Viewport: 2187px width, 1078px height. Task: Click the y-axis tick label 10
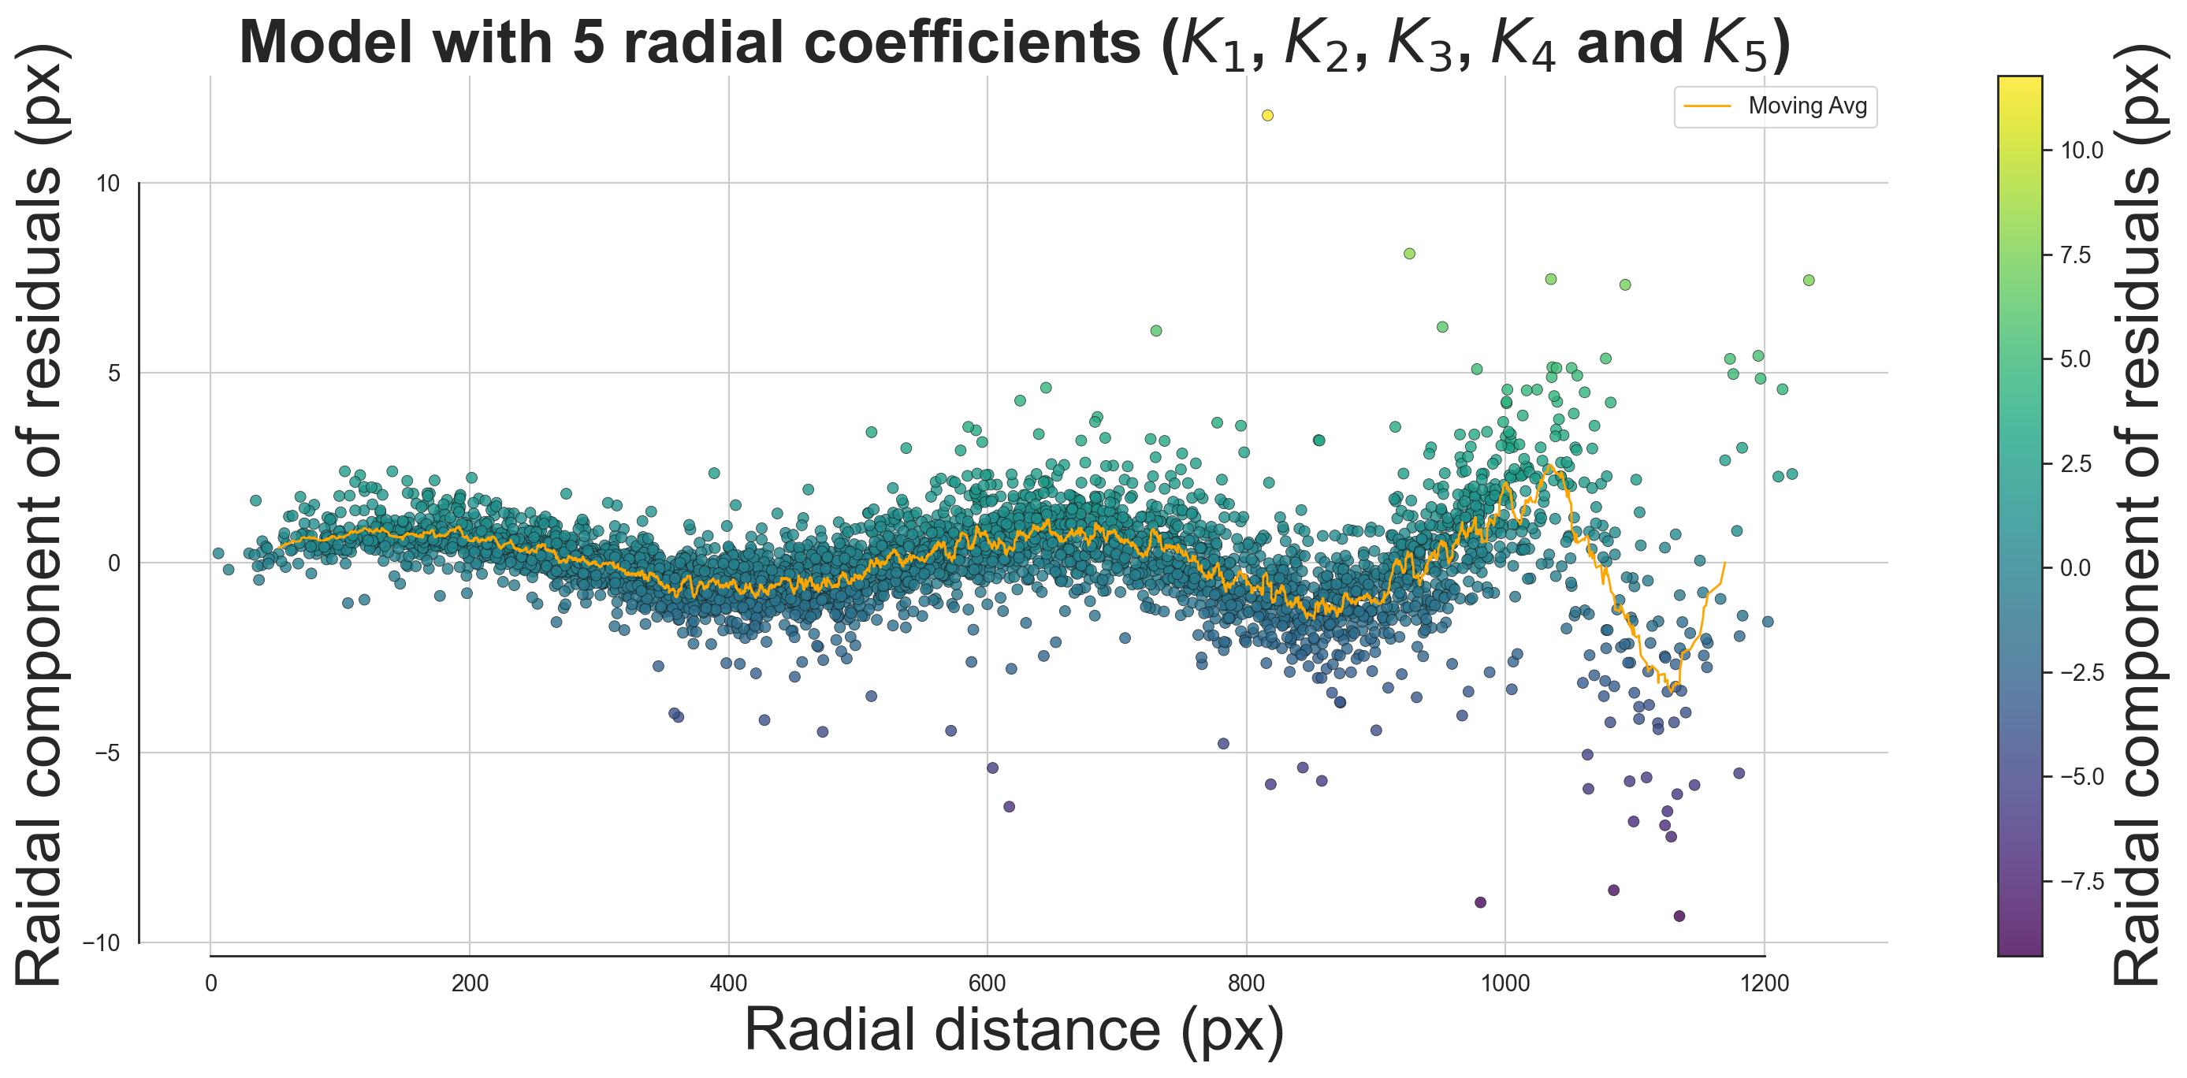click(107, 184)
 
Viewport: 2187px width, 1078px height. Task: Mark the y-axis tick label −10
click(101, 943)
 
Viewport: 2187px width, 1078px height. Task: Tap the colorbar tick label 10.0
click(2082, 151)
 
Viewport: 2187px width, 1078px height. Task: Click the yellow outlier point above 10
click(1267, 115)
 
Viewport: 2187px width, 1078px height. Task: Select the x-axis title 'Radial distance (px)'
click(1014, 1031)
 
